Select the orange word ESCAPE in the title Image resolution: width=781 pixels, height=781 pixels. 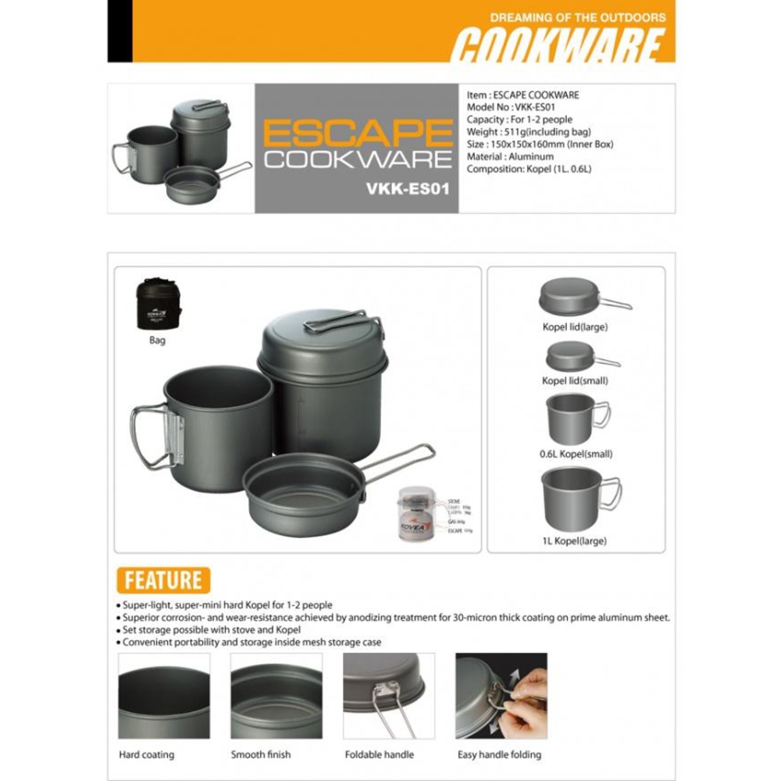(358, 134)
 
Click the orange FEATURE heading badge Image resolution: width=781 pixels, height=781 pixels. (162, 580)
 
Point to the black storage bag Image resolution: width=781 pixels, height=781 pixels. (159, 304)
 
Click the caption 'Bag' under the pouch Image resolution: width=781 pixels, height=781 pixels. (157, 341)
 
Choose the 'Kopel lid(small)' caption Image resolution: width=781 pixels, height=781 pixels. (575, 380)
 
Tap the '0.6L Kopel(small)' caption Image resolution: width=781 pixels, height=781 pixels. (576, 454)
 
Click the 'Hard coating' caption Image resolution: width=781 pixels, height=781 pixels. (147, 754)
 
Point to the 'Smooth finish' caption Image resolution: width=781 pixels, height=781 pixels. (261, 754)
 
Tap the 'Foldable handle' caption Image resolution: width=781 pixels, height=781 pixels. (380, 754)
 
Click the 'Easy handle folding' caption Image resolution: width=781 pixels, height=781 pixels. (499, 754)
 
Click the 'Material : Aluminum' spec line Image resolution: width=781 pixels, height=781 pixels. (510, 157)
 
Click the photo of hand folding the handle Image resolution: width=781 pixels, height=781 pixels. (501, 696)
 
